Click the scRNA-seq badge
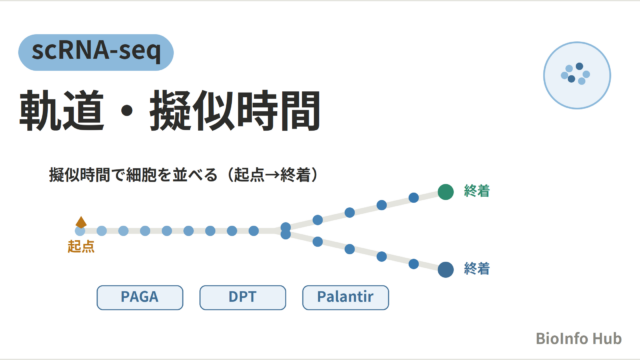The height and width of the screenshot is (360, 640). click(x=96, y=52)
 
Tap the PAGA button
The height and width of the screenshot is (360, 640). click(x=140, y=297)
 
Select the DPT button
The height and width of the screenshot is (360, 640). click(x=242, y=297)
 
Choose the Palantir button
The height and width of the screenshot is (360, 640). click(x=345, y=297)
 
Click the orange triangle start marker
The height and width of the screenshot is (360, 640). click(x=81, y=222)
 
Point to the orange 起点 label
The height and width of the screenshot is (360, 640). click(x=81, y=247)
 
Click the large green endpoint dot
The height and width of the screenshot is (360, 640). click(x=446, y=192)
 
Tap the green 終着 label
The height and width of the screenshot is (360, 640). click(x=477, y=191)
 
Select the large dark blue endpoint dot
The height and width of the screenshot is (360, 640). click(x=446, y=269)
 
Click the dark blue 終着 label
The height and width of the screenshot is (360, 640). click(x=477, y=269)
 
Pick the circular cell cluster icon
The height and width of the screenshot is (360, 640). click(x=577, y=75)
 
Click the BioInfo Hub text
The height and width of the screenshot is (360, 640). click(x=578, y=338)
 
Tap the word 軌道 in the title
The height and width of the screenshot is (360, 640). click(x=61, y=111)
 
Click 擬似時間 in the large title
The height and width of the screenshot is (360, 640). click(x=235, y=111)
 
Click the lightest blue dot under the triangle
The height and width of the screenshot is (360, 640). click(x=80, y=231)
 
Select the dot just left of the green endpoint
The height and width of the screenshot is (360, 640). click(x=413, y=198)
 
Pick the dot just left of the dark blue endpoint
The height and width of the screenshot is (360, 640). click(x=413, y=264)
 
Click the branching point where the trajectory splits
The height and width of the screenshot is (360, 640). click(x=286, y=231)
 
